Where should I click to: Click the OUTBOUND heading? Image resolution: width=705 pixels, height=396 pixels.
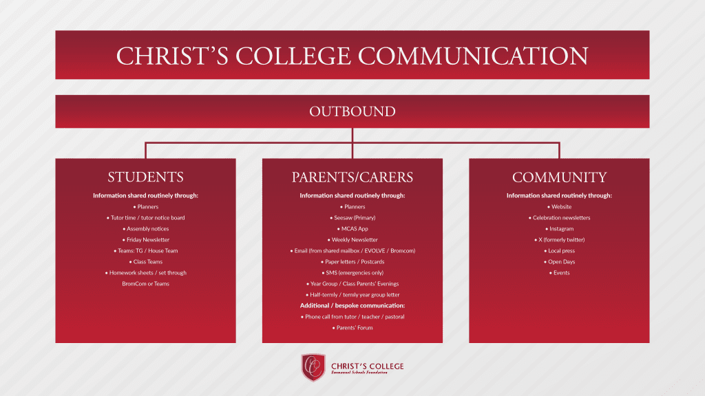coord(352,111)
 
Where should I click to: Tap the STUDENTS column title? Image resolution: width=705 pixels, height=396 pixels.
coord(146,177)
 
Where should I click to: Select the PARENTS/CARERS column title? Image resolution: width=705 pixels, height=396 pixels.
coord(352,177)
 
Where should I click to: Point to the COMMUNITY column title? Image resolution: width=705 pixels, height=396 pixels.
coord(559,177)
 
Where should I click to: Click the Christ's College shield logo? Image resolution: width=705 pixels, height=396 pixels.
coord(313,367)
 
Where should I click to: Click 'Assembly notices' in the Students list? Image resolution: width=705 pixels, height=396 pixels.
coord(146,229)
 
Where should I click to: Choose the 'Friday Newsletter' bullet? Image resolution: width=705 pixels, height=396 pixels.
coord(146,240)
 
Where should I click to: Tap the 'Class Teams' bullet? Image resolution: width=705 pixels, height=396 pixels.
coord(146,262)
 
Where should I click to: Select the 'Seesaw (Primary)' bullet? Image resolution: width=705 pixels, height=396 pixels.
coord(352,218)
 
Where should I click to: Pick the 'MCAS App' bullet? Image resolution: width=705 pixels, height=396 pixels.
coord(352,229)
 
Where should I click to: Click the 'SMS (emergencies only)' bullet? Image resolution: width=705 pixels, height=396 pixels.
coord(352,273)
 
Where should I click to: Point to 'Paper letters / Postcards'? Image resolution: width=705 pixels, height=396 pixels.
coord(352,262)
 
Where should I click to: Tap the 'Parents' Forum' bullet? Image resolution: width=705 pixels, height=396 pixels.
coord(352,328)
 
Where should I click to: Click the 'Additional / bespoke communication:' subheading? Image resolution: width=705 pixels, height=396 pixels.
coord(352,306)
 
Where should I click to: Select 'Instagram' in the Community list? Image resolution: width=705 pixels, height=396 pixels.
coord(559,229)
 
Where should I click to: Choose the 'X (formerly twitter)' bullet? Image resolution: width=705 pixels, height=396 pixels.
coord(559,240)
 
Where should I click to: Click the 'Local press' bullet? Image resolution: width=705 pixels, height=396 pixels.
coord(559,251)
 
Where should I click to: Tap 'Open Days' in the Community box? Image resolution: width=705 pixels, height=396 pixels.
coord(559,262)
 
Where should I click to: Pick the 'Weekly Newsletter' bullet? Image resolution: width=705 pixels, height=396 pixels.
coord(352,240)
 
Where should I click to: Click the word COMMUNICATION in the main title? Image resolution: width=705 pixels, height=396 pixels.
coord(473,56)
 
